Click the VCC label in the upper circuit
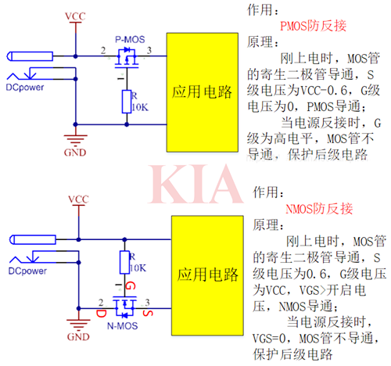76,16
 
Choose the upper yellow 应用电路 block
202,92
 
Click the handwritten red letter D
101,313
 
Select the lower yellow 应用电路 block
202,274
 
